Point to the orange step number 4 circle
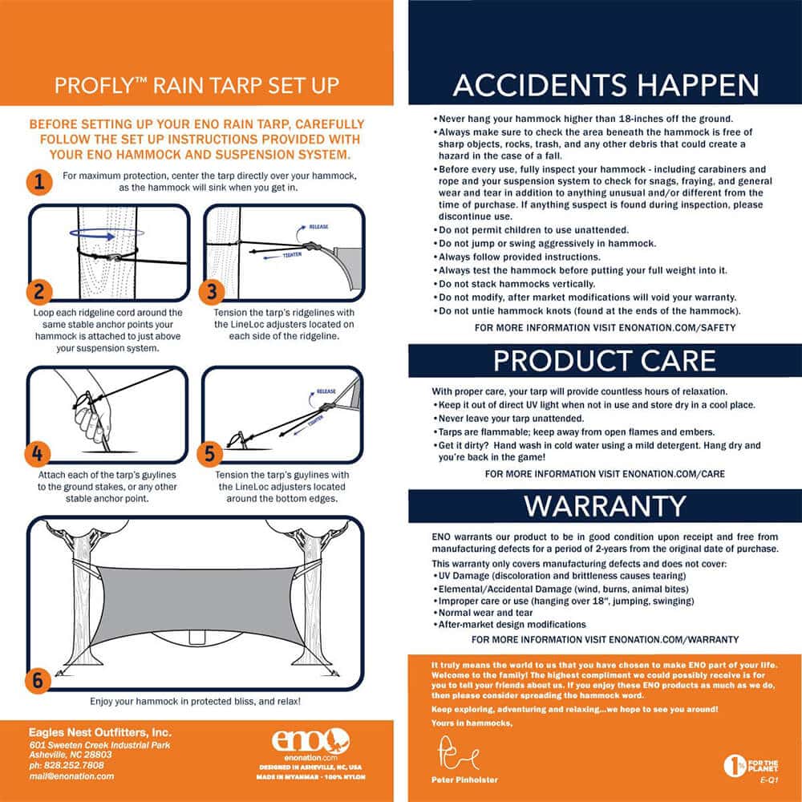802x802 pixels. [x=38, y=453]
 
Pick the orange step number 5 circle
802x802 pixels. [x=211, y=453]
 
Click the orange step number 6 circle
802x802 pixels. [x=38, y=680]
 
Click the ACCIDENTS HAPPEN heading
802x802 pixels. [x=605, y=85]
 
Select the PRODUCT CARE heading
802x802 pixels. [x=605, y=361]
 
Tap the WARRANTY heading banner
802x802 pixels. [x=605, y=506]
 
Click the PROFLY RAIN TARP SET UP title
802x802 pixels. [x=196, y=85]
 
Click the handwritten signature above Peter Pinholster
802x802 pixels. [x=457, y=755]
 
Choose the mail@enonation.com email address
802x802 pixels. [x=72, y=776]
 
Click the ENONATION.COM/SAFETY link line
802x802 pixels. [x=605, y=328]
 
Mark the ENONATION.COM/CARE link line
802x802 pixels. [x=605, y=474]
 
